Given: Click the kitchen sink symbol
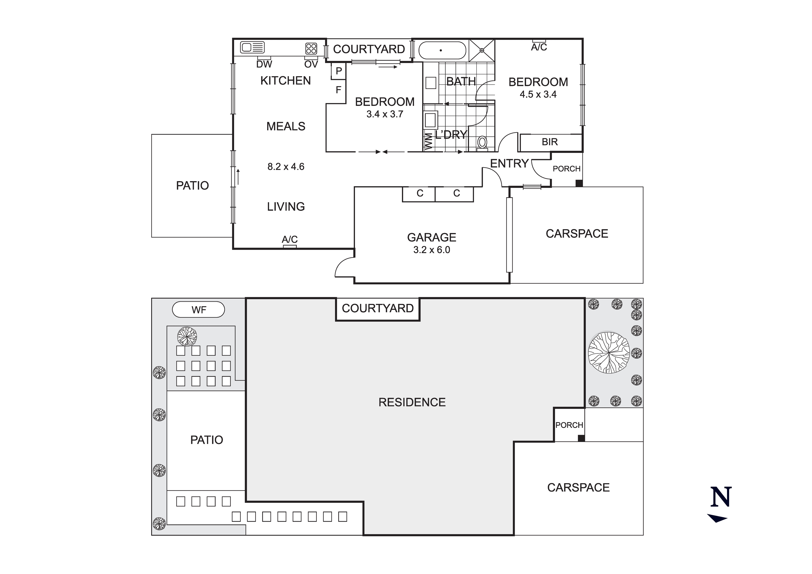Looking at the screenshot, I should click(x=252, y=47).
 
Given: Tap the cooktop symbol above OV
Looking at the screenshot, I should click(x=311, y=48).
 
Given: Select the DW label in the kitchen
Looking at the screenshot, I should click(x=264, y=64).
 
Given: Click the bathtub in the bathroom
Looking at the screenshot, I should click(x=442, y=50).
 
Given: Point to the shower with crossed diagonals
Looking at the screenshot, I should click(x=482, y=50).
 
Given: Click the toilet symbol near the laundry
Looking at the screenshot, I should click(x=482, y=143).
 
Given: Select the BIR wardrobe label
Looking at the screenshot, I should click(x=550, y=142).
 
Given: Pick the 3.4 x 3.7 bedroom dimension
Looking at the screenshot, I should click(x=385, y=114).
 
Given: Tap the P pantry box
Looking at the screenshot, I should click(x=339, y=71).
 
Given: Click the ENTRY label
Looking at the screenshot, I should click(x=509, y=164).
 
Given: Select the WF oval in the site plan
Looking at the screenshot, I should click(x=198, y=310).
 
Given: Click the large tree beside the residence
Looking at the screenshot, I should click(x=609, y=353).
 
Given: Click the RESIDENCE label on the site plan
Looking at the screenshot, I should click(x=412, y=402).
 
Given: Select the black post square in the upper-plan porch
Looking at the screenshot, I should click(x=579, y=183).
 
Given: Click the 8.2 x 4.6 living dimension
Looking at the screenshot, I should click(x=286, y=167).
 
